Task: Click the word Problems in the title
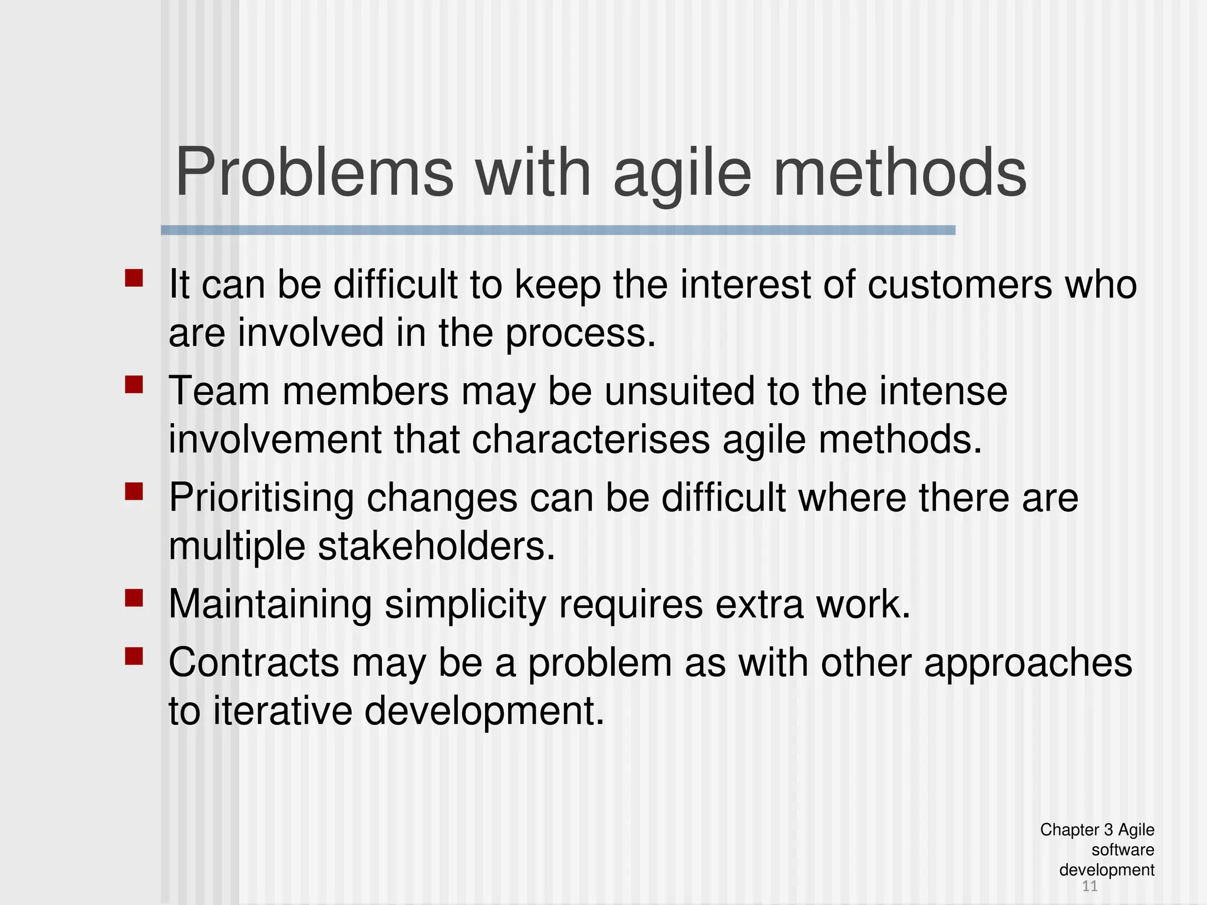[314, 173]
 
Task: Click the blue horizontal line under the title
[558, 230]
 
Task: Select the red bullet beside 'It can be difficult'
[134, 278]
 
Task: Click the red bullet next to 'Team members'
[134, 385]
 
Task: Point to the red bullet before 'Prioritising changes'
[134, 491]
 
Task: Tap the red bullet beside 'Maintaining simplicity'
[134, 598]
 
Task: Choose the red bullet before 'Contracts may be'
[134, 656]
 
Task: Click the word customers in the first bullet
[959, 285]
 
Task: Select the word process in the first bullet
[580, 333]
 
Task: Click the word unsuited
[679, 391]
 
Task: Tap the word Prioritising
[261, 498]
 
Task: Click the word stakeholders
[436, 547]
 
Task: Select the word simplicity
[465, 605]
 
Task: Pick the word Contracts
[253, 663]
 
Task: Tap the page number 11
[1090, 886]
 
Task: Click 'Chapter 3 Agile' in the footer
[1097, 830]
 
